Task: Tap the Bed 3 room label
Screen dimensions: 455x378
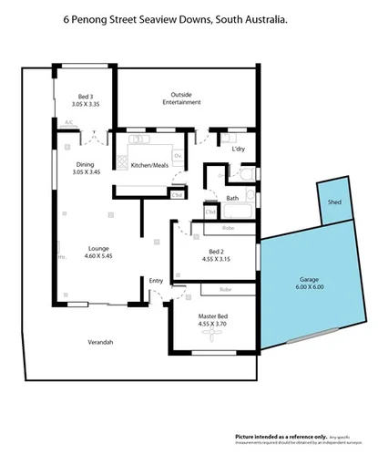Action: [x=85, y=97]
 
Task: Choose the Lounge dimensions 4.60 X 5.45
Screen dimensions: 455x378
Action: [x=98, y=256]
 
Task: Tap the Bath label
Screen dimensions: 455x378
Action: [x=232, y=198]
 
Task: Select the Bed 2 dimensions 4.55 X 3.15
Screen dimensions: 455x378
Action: [x=216, y=258]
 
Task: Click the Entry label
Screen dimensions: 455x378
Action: [x=157, y=281]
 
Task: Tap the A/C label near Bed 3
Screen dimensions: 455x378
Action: [x=68, y=122]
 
